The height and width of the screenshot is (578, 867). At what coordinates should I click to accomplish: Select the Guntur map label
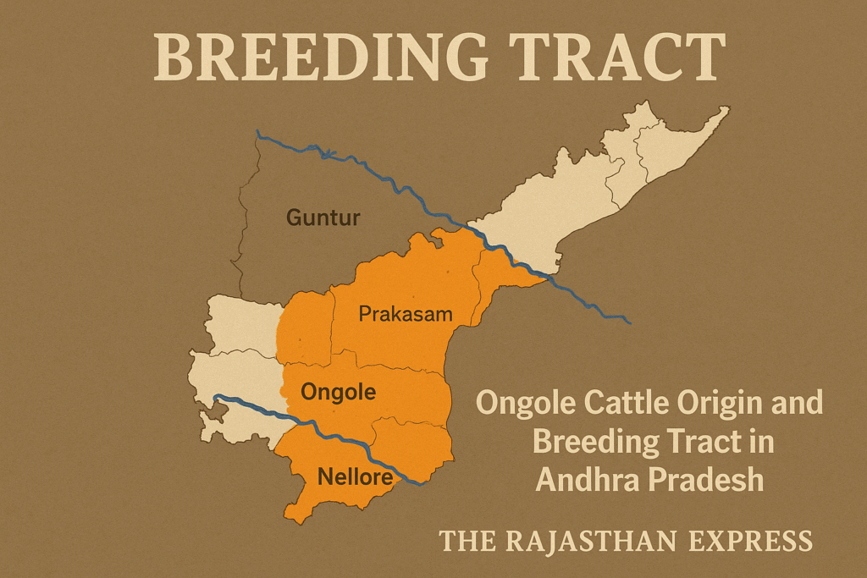click(323, 218)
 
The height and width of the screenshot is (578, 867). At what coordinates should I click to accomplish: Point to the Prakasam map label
click(406, 315)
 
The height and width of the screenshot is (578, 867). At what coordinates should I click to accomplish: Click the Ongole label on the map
click(339, 393)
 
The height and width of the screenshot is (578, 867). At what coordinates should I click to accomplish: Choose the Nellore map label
click(355, 477)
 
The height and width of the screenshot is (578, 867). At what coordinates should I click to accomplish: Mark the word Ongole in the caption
click(518, 403)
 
